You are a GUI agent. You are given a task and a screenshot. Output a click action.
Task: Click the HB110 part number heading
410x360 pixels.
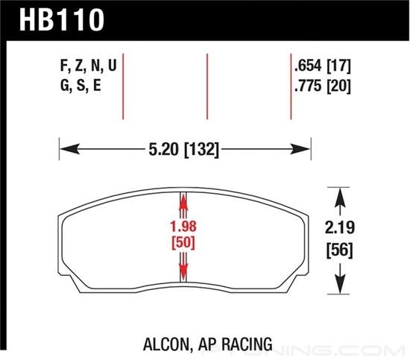tap(62, 20)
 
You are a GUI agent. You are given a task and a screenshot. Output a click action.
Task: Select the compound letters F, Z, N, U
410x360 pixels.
tap(89, 66)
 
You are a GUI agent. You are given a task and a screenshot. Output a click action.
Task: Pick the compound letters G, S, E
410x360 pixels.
tap(81, 85)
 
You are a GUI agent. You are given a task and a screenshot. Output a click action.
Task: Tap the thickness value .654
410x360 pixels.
tap(308, 66)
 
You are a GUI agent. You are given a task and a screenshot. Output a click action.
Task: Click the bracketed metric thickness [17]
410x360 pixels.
tap(339, 66)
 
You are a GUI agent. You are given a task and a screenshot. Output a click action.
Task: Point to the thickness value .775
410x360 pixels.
tap(308, 86)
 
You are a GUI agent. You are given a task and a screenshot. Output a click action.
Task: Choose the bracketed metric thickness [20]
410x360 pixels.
tap(339, 86)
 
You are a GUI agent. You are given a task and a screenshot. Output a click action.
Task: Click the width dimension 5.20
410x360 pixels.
tap(164, 150)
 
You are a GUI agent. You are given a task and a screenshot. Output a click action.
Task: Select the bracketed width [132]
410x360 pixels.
tap(201, 150)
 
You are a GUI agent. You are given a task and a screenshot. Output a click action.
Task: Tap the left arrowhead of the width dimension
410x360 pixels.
tap(69, 149)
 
